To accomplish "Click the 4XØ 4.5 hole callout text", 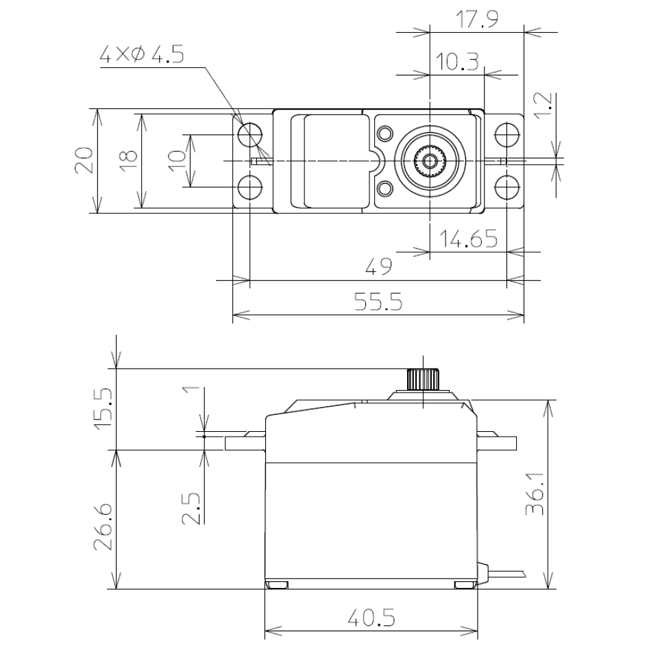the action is tap(141, 55).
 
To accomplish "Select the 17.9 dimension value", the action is tap(477, 19).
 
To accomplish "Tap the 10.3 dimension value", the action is tap(457, 62).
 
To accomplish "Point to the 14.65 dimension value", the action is tap(468, 239).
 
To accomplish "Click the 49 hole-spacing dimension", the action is tap(379, 266).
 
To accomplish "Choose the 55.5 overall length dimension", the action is tap(378, 302).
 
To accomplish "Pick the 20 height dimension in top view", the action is tap(84, 160).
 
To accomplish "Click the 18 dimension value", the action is tap(128, 160).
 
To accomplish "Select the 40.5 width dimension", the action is tap(371, 618).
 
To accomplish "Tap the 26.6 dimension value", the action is tap(103, 527).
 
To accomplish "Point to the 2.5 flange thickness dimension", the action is tap(191, 509).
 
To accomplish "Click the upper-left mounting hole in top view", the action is tap(249, 135).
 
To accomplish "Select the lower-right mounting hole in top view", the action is tap(506, 187).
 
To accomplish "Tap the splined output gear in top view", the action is tap(430, 161).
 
